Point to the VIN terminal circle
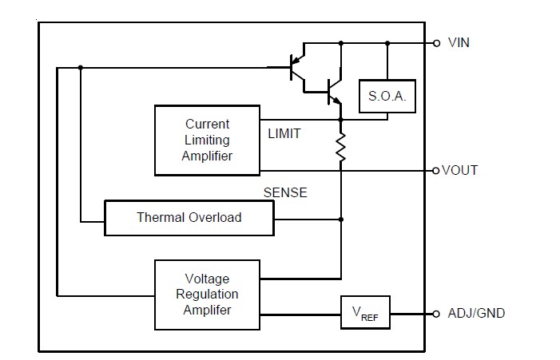point(436,43)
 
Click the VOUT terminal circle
point(435,171)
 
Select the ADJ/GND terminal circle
point(435,314)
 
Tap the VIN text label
point(459,43)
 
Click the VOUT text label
point(459,170)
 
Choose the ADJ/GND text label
point(476,313)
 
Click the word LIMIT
point(284,134)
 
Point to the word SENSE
point(285,192)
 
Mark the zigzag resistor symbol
point(341,147)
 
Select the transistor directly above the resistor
point(334,92)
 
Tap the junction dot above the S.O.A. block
point(387,43)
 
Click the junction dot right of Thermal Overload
point(341,220)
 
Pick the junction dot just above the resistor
point(341,120)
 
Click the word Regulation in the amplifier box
point(207,295)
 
